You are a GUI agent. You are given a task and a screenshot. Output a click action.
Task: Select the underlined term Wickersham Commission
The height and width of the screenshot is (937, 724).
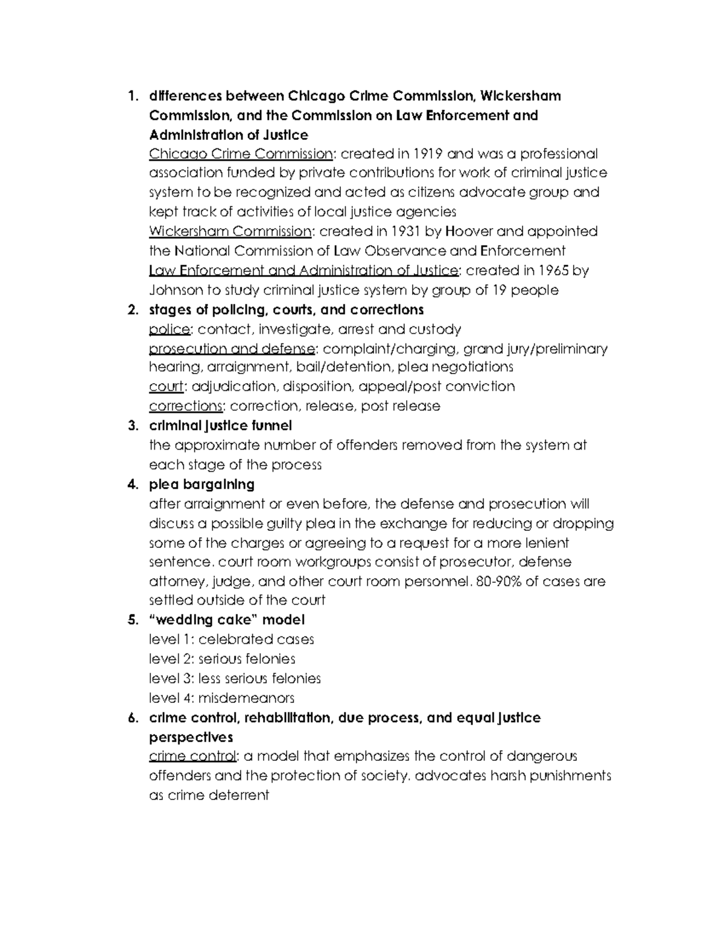230,232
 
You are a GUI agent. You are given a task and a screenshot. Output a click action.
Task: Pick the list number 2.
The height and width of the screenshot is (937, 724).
132,310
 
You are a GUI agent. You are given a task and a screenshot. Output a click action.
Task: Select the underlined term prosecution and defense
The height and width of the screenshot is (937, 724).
232,349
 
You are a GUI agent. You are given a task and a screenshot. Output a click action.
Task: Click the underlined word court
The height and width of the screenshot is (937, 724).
165,387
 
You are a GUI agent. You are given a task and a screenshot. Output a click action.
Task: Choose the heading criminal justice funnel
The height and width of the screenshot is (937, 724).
220,426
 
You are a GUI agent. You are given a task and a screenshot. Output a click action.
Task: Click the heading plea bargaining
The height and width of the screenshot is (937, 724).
202,484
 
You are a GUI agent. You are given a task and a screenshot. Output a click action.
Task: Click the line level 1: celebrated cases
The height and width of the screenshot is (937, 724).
231,640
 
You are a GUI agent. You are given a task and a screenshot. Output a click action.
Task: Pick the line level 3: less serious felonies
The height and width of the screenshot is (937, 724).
235,679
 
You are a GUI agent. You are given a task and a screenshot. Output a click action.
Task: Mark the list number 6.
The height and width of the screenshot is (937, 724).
132,718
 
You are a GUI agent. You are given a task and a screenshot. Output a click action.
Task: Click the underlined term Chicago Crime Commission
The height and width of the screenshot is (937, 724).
240,154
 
